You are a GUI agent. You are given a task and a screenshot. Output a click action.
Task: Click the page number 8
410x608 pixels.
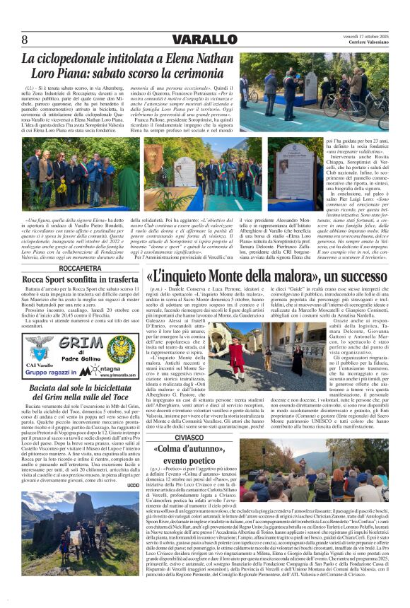tap(25, 40)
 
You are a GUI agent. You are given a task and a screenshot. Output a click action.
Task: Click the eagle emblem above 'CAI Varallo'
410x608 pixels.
tap(37, 346)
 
